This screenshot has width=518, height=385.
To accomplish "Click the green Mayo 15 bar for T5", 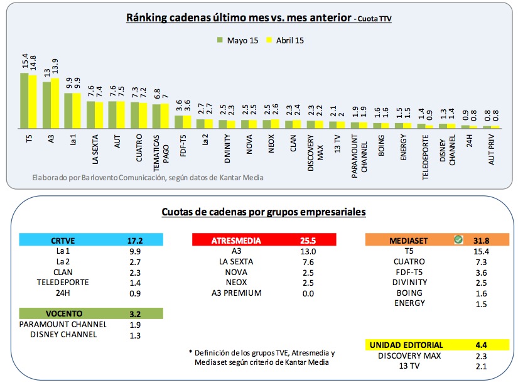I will (24, 100).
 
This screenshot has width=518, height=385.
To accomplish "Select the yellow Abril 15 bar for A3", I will (55, 103).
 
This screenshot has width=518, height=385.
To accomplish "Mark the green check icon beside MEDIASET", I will (459, 239).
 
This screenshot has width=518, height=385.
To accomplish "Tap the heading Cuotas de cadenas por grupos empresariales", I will (264, 212).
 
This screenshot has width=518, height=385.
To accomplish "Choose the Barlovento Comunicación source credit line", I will (148, 177).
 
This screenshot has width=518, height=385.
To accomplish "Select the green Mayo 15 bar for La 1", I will (69, 111).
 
